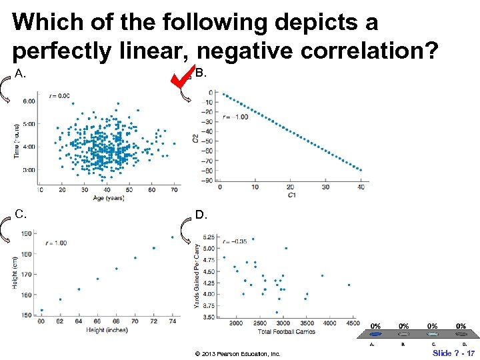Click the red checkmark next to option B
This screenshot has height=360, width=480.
point(181,76)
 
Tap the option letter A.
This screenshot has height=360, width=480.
point(21,74)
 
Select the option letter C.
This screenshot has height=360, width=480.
point(21,214)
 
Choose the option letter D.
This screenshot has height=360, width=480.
point(201,215)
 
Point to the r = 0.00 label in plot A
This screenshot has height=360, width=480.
point(59,96)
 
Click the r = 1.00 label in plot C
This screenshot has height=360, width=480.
point(55,243)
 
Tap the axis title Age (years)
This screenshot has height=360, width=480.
point(108,198)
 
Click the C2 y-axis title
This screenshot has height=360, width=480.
point(195,139)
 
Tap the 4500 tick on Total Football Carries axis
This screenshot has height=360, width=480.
point(353,323)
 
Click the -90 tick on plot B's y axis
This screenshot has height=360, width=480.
point(209,180)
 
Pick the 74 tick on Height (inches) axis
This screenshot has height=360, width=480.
point(172,321)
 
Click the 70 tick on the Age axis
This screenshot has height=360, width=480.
point(174,190)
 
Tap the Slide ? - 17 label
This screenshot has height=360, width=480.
point(453,353)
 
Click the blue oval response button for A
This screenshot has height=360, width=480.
point(375,334)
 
